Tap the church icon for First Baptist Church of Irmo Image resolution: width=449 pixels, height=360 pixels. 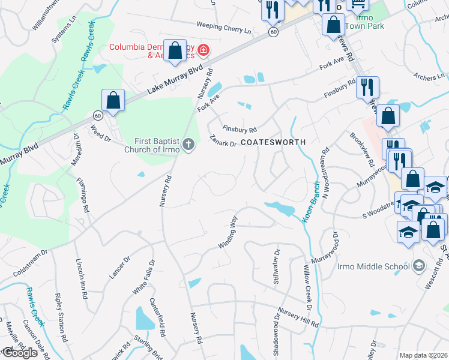coord(188,144)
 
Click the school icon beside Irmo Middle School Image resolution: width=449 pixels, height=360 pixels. coord(419,266)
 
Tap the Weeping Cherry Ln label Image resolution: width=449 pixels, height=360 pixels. coord(223,28)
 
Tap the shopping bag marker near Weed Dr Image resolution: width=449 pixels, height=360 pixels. coord(113,101)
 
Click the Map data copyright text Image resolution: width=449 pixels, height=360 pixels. coord(424,355)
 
